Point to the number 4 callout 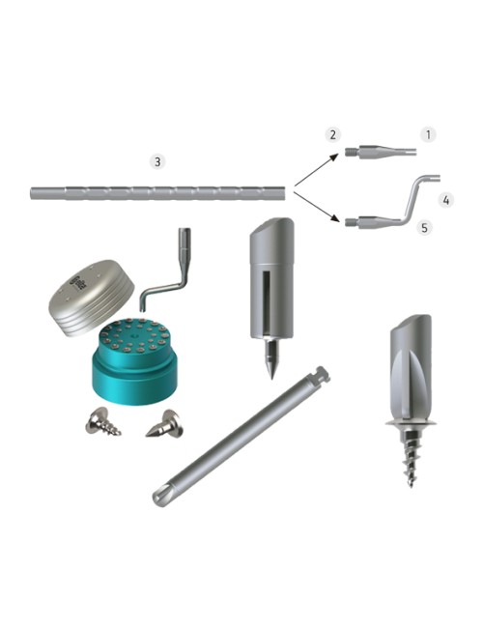(445, 200)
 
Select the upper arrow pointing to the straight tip (317, 168)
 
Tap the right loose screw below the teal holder (163, 422)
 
